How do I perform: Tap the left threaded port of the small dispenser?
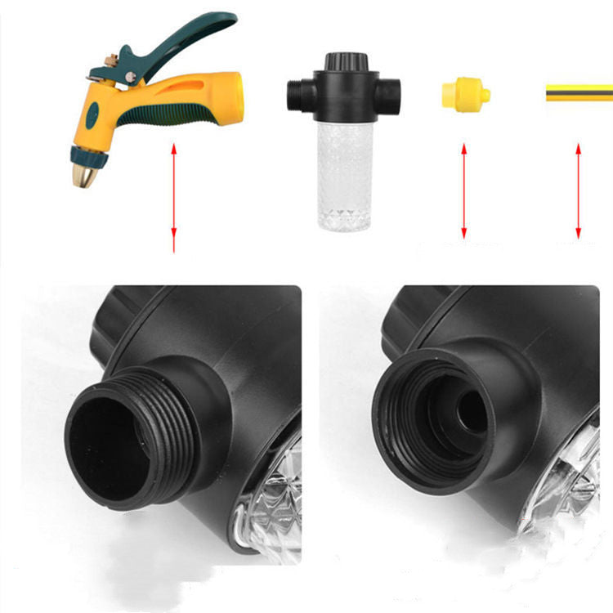[x=297, y=94]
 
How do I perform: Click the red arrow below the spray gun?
[x=174, y=196]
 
